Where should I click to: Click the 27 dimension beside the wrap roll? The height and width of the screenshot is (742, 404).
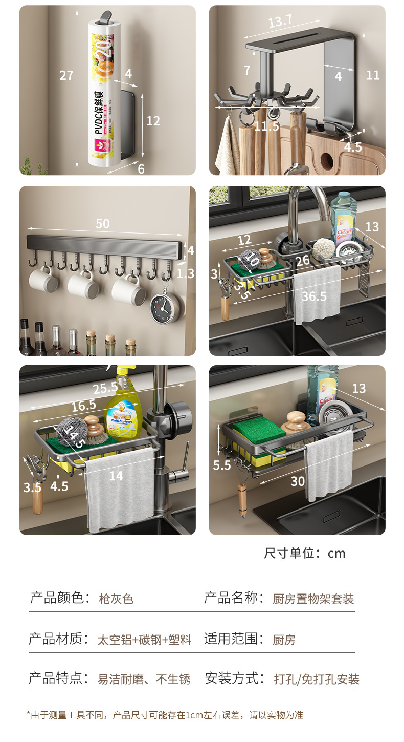click(x=66, y=76)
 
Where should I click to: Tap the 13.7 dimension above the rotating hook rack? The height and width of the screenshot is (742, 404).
click(x=280, y=20)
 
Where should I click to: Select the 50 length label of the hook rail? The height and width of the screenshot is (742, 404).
click(x=102, y=224)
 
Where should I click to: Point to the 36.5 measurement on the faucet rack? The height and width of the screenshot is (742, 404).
click(x=313, y=296)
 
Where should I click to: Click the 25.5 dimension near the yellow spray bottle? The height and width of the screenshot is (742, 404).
click(x=105, y=388)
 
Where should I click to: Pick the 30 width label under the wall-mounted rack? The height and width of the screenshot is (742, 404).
click(x=298, y=481)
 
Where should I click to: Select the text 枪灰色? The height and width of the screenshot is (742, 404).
click(x=116, y=599)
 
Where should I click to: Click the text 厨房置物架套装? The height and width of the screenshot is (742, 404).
click(x=313, y=599)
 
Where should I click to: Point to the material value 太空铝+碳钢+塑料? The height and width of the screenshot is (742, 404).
click(x=144, y=640)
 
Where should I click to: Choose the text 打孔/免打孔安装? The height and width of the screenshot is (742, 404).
click(x=317, y=680)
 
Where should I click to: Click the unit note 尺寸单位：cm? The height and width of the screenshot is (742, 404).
click(x=305, y=554)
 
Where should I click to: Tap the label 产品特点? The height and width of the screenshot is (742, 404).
click(x=56, y=679)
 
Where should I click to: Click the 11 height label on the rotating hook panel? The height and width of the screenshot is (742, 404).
click(x=373, y=75)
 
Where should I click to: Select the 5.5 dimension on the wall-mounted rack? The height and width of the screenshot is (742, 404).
click(x=222, y=465)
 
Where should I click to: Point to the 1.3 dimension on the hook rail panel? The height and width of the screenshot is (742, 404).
click(x=186, y=274)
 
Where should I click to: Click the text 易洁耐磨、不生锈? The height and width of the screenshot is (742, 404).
click(x=144, y=680)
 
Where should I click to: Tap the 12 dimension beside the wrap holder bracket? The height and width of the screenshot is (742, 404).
click(x=153, y=121)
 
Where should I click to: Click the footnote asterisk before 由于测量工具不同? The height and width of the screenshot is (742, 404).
click(x=29, y=715)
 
